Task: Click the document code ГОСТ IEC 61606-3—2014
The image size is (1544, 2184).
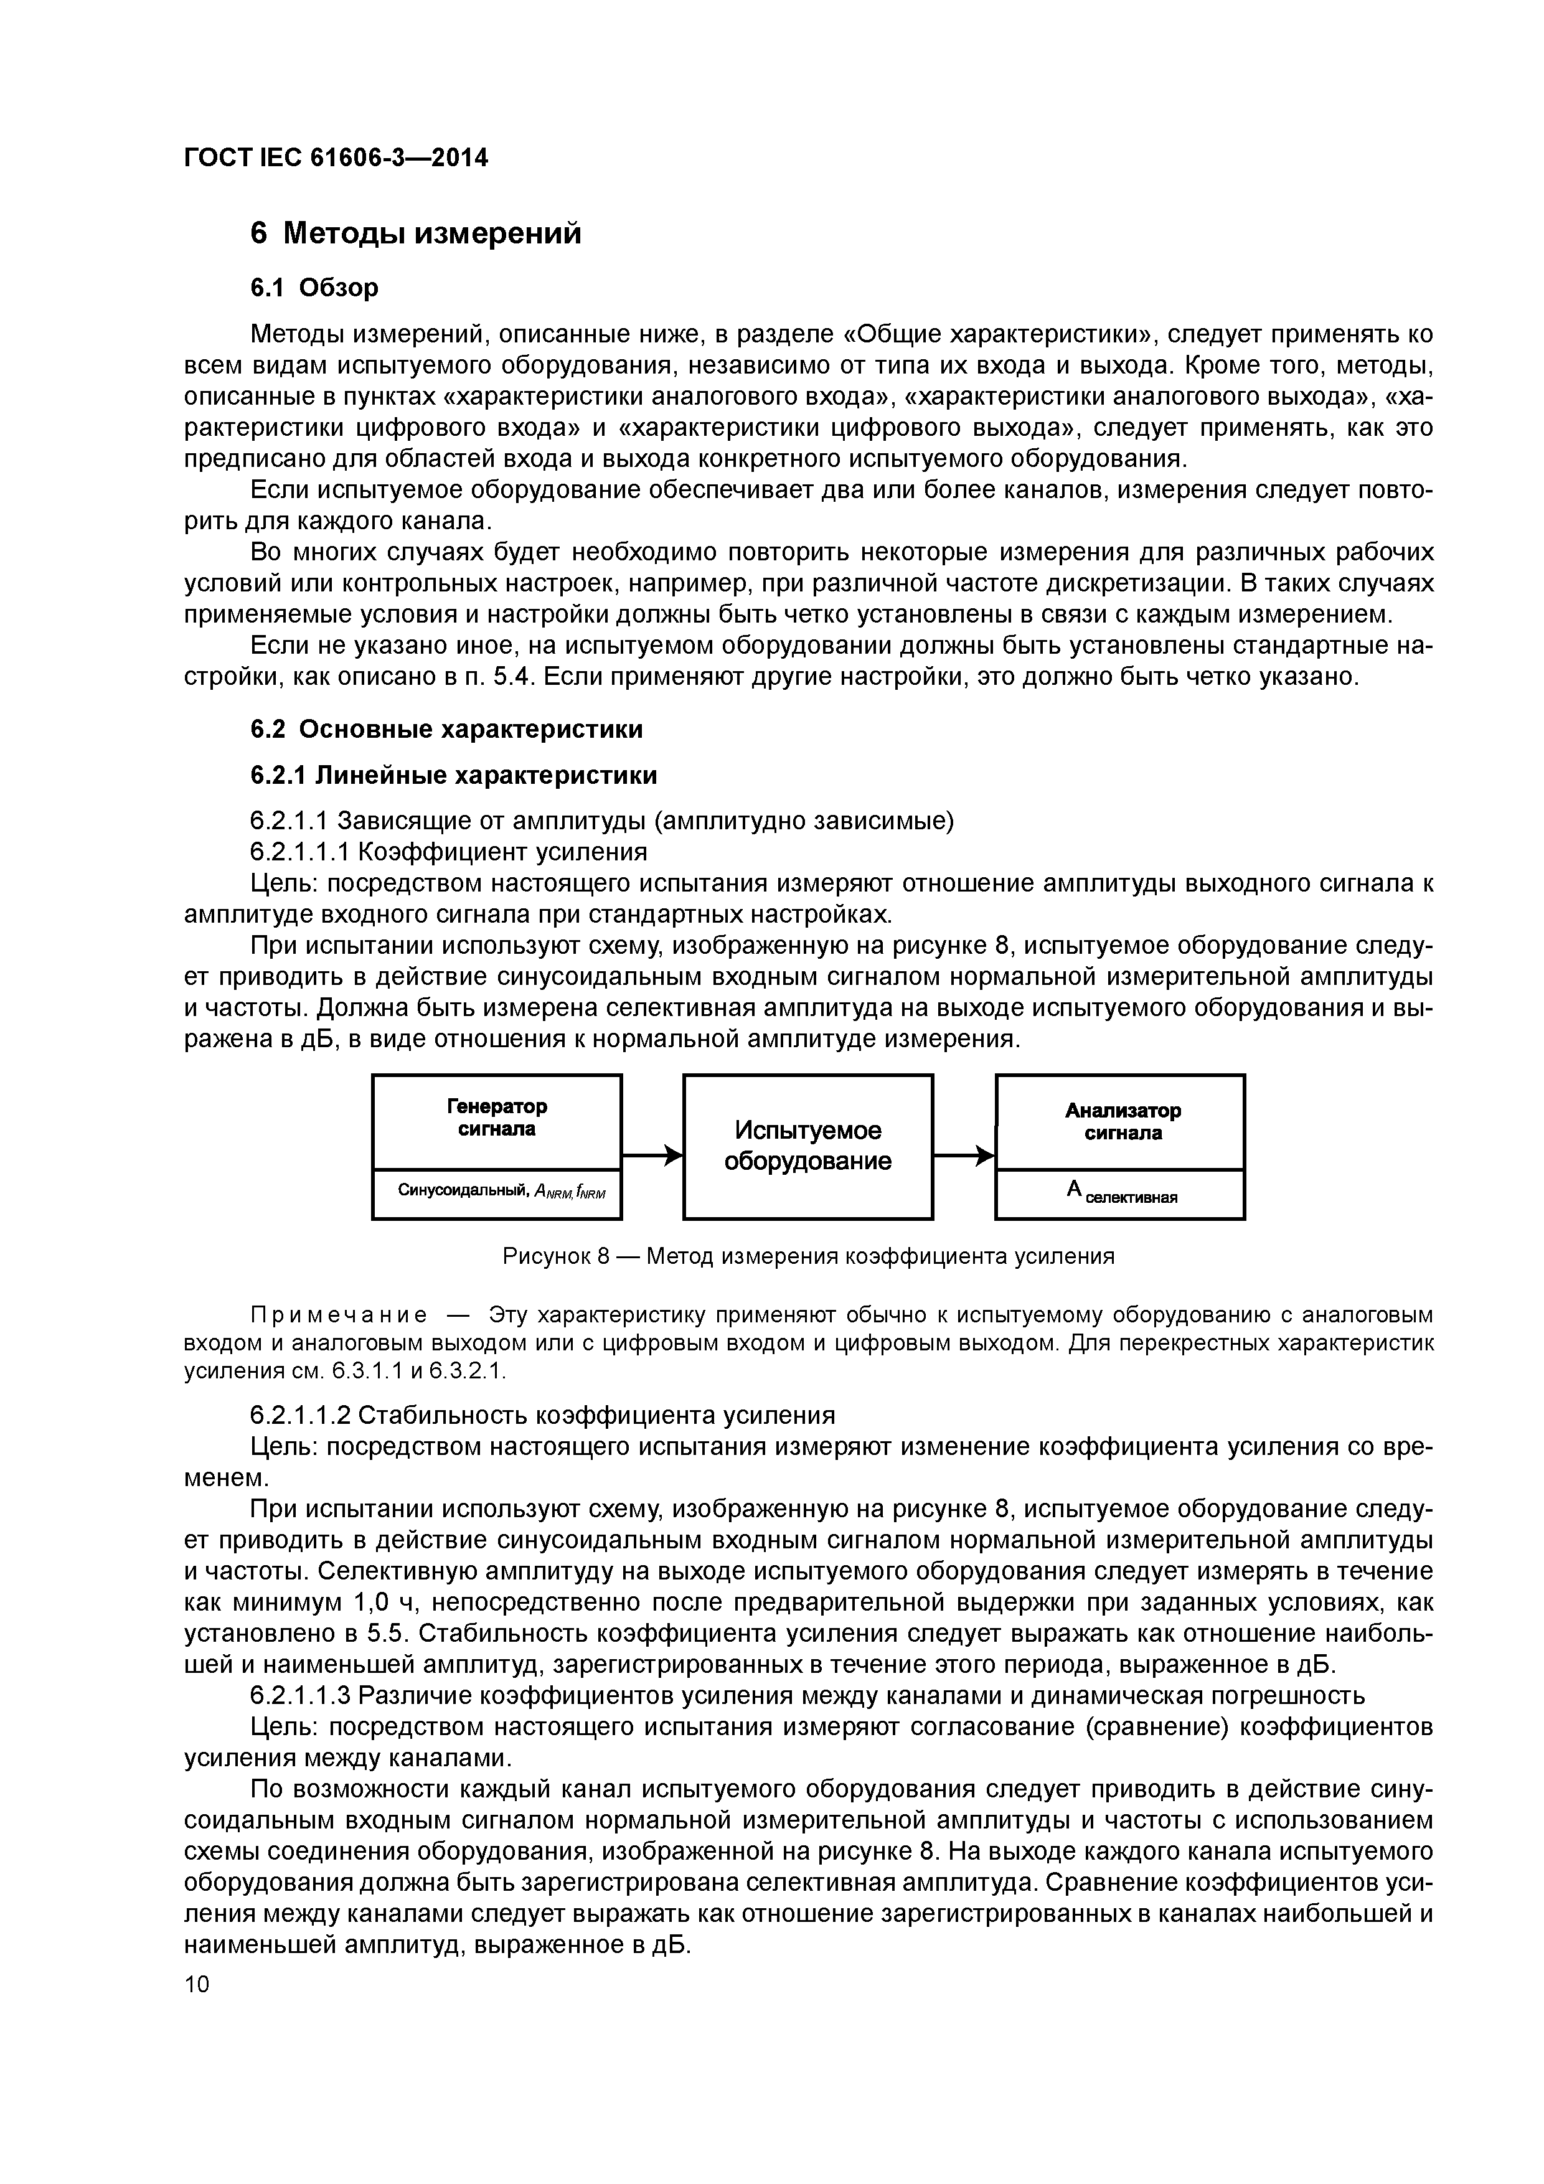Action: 335,158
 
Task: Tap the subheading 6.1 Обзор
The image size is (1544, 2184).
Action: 314,287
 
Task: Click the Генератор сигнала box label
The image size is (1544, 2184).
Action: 497,1118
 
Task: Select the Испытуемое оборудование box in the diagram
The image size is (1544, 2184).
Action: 807,1146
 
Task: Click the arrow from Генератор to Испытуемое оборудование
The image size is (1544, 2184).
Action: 652,1156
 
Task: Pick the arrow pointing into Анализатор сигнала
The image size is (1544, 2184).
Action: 964,1156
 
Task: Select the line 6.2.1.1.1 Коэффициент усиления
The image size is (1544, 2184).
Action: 448,851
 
